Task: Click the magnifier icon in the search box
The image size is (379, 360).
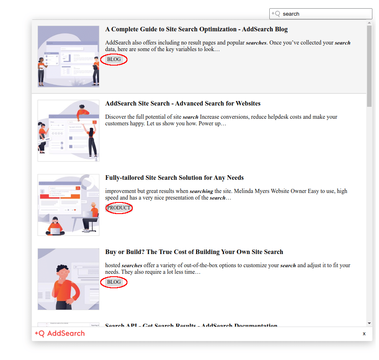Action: pyautogui.click(x=275, y=14)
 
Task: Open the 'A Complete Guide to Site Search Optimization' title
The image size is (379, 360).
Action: pyautogui.click(x=196, y=29)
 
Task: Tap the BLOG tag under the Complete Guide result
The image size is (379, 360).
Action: pyautogui.click(x=114, y=59)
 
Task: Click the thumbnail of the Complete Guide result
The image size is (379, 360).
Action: pyautogui.click(x=68, y=56)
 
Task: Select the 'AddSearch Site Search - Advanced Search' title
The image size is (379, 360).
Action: pyautogui.click(x=183, y=104)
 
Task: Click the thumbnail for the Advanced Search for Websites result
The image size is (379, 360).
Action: pyautogui.click(x=68, y=131)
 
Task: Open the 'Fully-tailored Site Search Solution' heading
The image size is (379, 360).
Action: pyautogui.click(x=174, y=178)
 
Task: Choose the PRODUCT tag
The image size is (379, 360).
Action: pyautogui.click(x=119, y=208)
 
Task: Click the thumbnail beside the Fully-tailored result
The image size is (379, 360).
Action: pyautogui.click(x=68, y=205)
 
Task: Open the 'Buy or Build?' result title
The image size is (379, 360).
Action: pyautogui.click(x=194, y=252)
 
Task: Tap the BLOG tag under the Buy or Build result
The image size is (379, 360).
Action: pyautogui.click(x=114, y=282)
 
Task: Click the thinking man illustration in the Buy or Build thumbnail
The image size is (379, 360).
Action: pyautogui.click(x=64, y=285)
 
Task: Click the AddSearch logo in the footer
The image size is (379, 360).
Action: pyautogui.click(x=60, y=334)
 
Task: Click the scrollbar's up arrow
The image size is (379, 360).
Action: pyautogui.click(x=369, y=23)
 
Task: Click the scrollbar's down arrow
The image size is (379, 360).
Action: pyautogui.click(x=369, y=323)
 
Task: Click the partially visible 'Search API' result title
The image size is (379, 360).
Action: pyautogui.click(x=191, y=325)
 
